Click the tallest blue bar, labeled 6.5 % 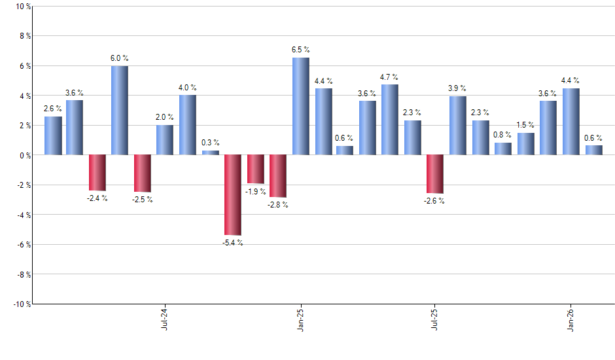tap(300, 106)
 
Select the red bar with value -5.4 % tap(233, 194)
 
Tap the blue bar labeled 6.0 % tap(119, 110)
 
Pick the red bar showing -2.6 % tap(435, 173)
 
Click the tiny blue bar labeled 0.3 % tap(210, 153)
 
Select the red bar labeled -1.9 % tap(255, 169)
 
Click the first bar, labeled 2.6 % tap(53, 135)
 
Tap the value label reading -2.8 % tap(277, 205)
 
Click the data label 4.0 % tap(188, 88)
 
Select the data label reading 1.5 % tap(525, 125)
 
